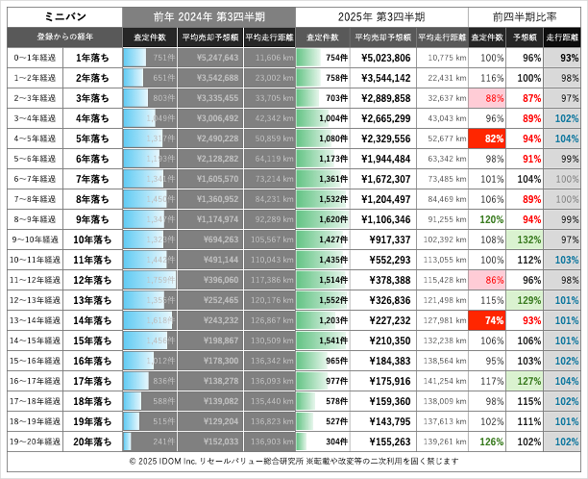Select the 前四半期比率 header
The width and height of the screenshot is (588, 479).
point(525,16)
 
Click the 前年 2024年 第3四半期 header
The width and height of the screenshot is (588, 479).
point(208,16)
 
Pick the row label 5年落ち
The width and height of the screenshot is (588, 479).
point(96,139)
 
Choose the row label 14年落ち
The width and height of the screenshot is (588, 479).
point(96,319)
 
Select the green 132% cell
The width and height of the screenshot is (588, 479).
point(526,239)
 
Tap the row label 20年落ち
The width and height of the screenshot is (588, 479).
point(96,441)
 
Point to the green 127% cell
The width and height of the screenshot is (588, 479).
point(526,380)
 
